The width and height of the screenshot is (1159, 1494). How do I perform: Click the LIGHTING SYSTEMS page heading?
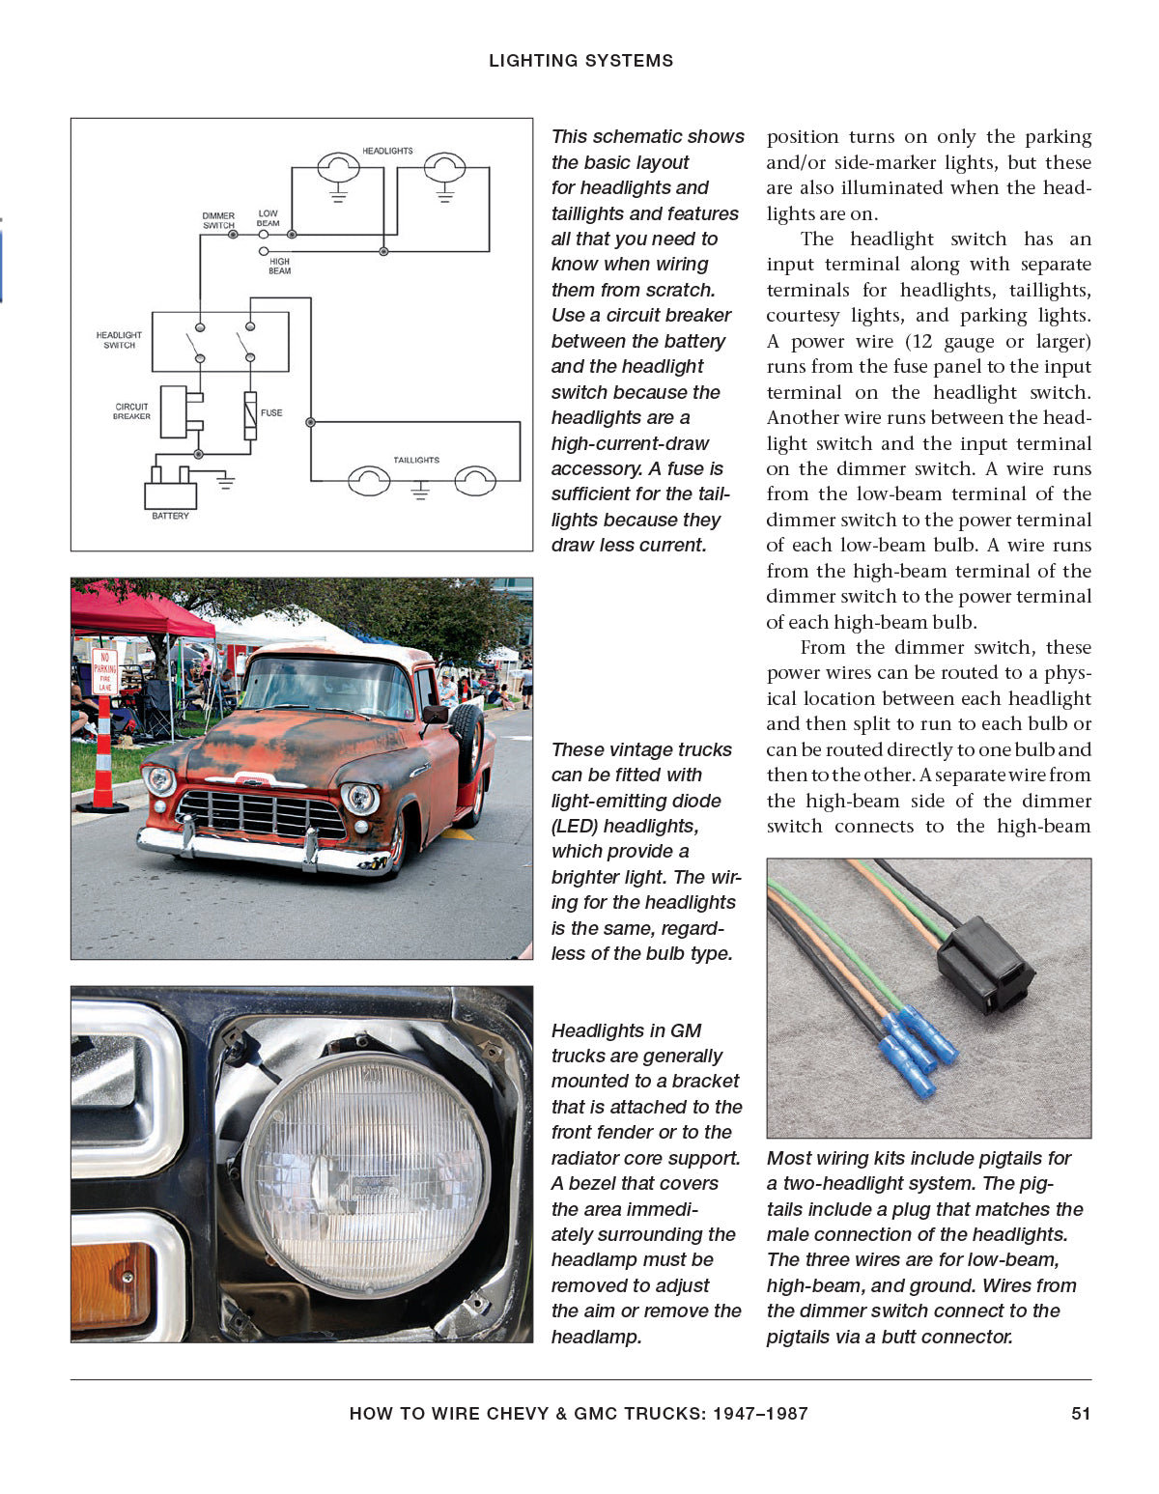(x=580, y=61)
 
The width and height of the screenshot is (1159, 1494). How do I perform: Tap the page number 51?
(x=1081, y=1414)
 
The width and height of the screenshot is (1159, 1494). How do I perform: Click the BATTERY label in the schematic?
(x=170, y=516)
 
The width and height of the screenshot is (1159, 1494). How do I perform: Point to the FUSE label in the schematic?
(x=271, y=412)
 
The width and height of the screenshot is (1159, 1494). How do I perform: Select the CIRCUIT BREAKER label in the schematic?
(x=131, y=411)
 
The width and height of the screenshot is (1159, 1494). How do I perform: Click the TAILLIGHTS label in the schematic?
(x=416, y=460)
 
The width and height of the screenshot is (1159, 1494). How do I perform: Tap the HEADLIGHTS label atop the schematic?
(x=387, y=151)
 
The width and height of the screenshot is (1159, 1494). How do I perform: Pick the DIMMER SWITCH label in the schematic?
(x=218, y=220)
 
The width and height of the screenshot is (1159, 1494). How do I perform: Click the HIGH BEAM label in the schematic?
(x=279, y=266)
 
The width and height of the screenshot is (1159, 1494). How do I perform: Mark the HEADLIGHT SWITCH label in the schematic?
(x=119, y=340)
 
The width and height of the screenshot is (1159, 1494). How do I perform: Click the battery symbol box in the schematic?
(x=170, y=494)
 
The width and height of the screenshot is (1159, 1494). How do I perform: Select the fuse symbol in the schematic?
(x=250, y=415)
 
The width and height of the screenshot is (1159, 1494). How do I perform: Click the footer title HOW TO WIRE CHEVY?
(x=579, y=1414)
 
